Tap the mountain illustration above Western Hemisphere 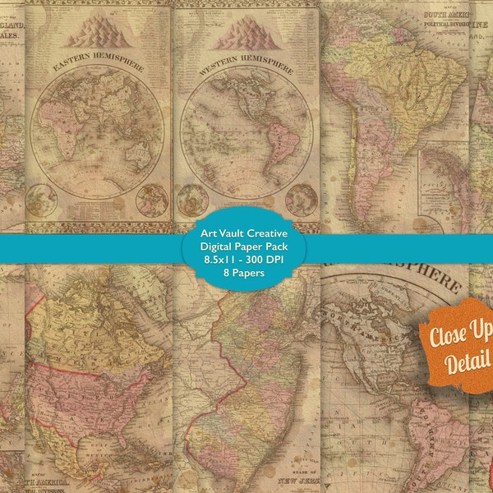[244, 35]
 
